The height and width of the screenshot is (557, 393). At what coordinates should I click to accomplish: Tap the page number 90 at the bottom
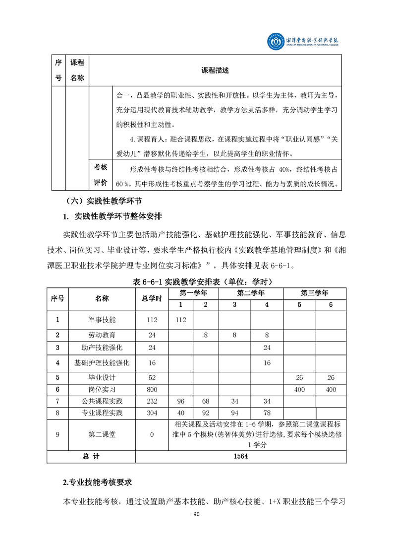pos(196,514)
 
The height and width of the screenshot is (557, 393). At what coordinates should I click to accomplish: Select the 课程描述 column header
pos(215,70)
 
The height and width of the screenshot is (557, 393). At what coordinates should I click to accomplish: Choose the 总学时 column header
pos(152,298)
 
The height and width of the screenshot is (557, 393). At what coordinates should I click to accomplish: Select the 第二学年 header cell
pos(250,292)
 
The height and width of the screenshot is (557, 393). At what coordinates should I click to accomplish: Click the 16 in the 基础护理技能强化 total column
pos(152,363)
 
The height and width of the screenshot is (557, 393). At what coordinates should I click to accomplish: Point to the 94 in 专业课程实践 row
pos(234,413)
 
